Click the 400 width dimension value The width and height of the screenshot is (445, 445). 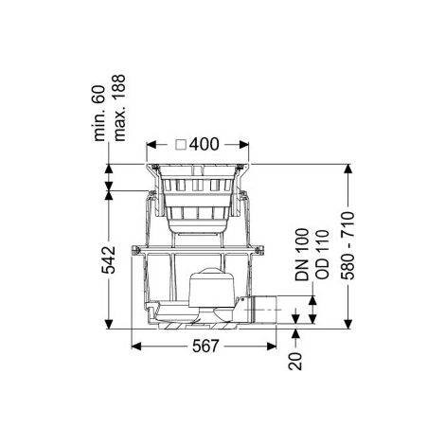(x=205, y=144)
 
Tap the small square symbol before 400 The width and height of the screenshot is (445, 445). (x=182, y=145)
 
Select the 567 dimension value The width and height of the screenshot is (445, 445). (x=205, y=347)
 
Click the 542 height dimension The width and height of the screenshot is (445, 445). (x=109, y=259)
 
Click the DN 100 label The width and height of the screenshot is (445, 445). (x=302, y=255)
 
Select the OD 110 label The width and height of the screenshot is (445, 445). (x=322, y=255)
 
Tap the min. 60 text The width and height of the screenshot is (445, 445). (x=99, y=113)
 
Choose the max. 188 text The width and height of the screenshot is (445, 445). (x=119, y=108)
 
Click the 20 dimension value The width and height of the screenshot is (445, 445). (x=295, y=361)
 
